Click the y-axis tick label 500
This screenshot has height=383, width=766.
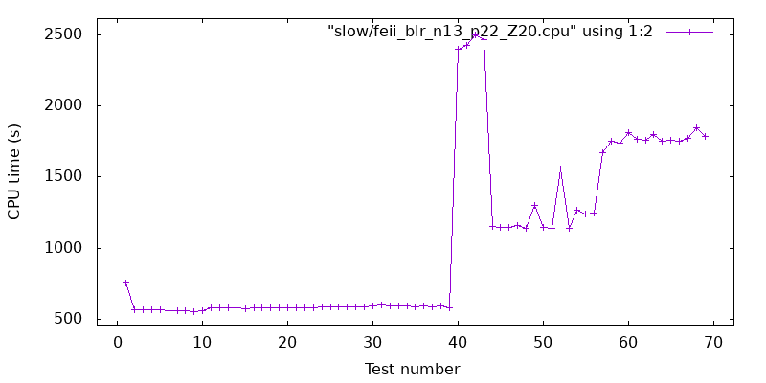(67, 319)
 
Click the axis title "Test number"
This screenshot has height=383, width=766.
(415, 369)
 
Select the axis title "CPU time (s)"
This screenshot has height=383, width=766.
(14, 171)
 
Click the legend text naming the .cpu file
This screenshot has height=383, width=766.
(490, 32)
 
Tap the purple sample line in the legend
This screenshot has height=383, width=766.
(689, 32)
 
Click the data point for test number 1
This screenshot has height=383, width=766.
(125, 283)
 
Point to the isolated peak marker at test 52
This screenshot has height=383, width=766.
(560, 169)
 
